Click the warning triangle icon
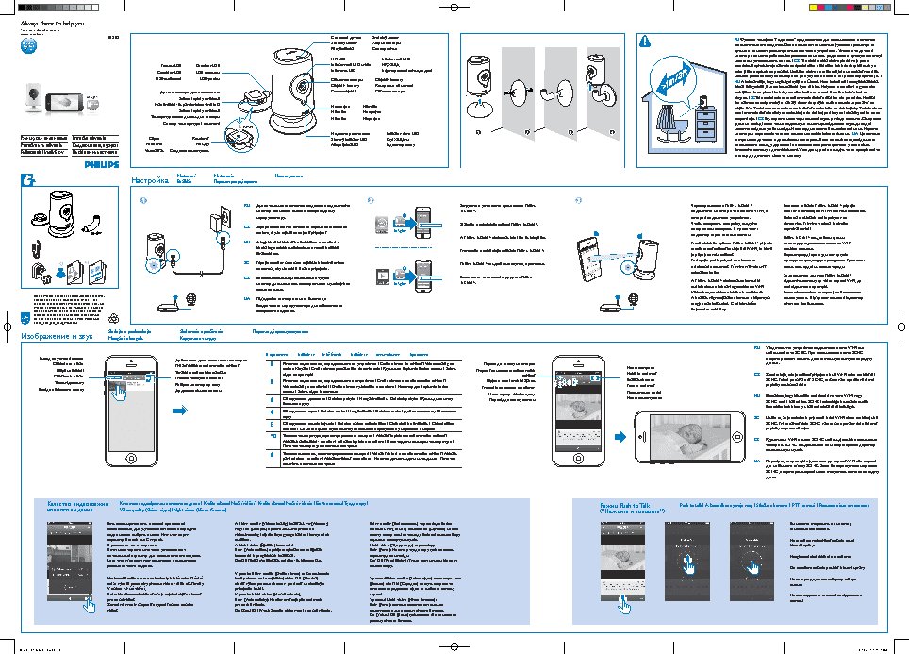[645, 41]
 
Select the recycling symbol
[114, 318]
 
